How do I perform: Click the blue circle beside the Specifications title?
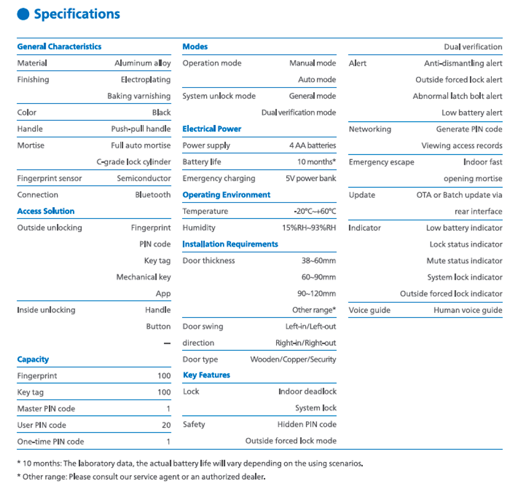point(23,14)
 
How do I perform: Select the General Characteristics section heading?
point(59,46)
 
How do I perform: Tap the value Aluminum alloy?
point(142,63)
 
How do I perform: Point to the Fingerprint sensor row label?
point(50,178)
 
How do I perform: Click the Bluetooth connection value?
point(153,195)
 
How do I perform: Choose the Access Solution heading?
point(46,211)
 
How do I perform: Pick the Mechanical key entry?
point(143,277)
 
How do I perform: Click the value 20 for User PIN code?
point(166,425)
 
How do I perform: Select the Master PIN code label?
point(46,409)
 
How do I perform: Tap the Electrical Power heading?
point(212,129)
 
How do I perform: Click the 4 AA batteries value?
point(313,145)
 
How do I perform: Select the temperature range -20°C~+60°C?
point(315,211)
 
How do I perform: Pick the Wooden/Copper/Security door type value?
point(293,359)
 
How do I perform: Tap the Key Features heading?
point(206,375)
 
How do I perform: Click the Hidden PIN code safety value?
point(306,424)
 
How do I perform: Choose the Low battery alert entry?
point(472,113)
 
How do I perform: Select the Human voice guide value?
point(467,310)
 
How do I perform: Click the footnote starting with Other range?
point(141,477)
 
